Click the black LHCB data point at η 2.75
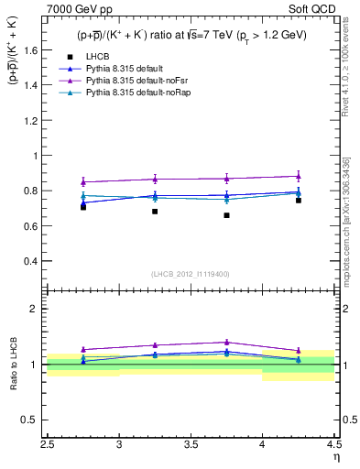click(x=83, y=207)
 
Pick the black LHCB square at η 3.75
click(x=226, y=215)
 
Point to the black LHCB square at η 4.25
click(x=298, y=200)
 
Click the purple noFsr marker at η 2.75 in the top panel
click(x=83, y=181)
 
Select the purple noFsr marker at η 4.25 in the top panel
click(x=298, y=176)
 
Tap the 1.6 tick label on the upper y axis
click(x=29, y=51)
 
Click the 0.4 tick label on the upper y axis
click(x=29, y=261)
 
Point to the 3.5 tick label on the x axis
click(x=191, y=446)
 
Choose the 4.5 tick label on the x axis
click(x=333, y=446)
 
